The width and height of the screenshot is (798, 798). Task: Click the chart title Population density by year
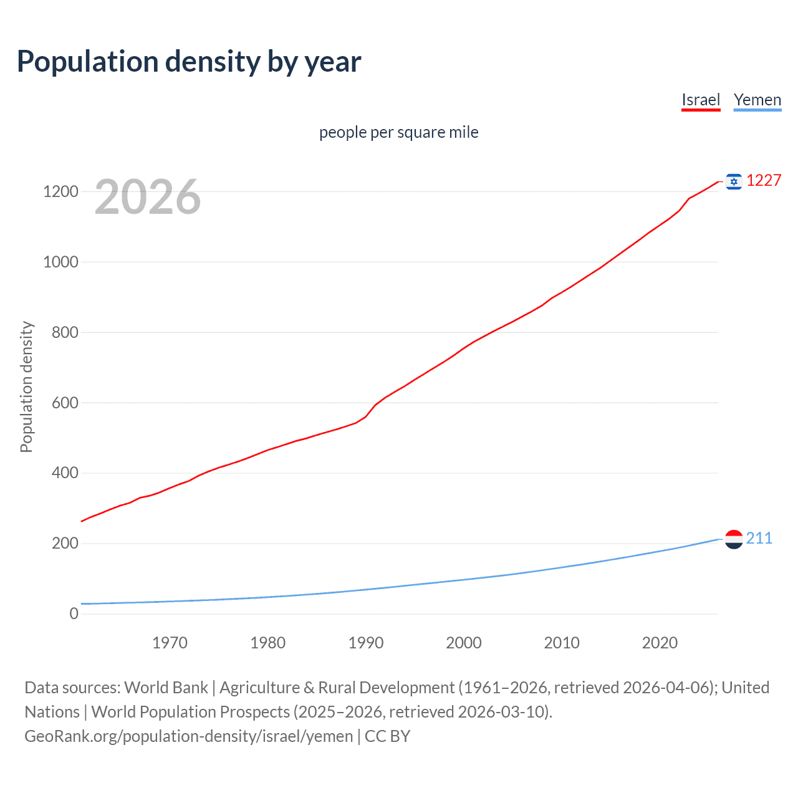pos(189,62)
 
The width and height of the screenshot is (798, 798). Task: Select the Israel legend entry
pos(701,100)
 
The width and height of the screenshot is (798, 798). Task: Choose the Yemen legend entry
pos(757,100)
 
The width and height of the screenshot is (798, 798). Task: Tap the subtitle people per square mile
pos(399,132)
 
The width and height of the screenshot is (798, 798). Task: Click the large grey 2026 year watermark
pos(148,197)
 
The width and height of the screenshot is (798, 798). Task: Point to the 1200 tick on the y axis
pos(60,191)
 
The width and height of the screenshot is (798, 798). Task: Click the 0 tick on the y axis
pos(74,613)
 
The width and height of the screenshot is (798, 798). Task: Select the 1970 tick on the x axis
pos(170,643)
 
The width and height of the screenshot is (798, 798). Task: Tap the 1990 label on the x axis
pos(366,643)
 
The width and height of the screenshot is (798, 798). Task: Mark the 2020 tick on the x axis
pos(660,643)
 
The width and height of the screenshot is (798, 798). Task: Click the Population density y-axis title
pos(26,387)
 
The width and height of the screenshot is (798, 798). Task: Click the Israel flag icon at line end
pos(734,181)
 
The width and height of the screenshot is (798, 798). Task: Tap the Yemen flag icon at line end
pos(734,539)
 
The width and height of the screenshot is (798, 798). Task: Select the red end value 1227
pos(764,181)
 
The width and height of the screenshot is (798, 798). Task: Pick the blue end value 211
pos(759,539)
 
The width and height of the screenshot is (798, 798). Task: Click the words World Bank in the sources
pos(166,688)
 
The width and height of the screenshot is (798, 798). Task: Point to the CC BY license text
pos(388,736)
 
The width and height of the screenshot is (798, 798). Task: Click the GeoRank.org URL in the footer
pos(189,736)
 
